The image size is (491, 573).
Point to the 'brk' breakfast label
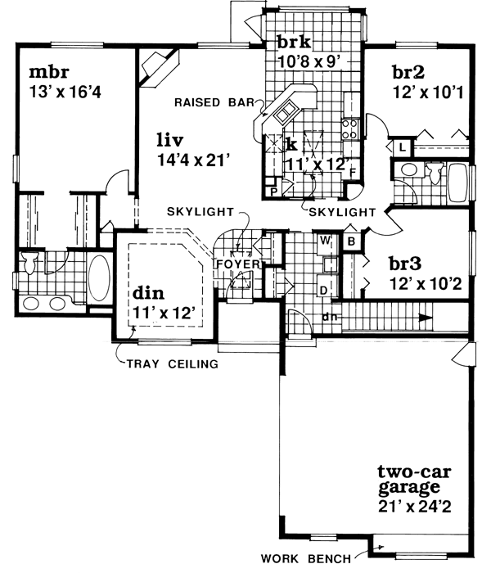292,42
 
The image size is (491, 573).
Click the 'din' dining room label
149,293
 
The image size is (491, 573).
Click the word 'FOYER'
236,265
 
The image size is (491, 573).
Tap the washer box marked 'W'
325,241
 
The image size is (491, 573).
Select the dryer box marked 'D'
325,289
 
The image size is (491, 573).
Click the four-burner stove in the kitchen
349,127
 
